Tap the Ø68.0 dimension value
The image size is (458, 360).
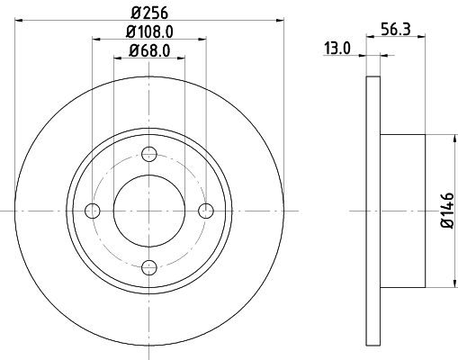pos(149,50)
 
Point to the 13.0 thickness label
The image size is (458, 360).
pos(337,49)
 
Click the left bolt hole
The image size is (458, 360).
pos(92,211)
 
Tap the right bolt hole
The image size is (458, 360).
pos(206,211)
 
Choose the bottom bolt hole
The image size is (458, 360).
pos(149,266)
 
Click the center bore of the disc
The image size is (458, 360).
pos(149,211)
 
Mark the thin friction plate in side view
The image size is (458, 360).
pos(373,211)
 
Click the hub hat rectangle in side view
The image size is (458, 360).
pos(401,211)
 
